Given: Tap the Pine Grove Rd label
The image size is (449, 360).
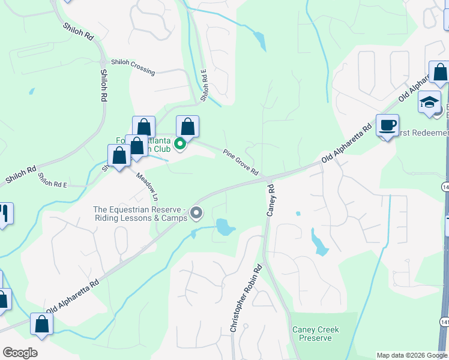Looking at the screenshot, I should coord(240,162).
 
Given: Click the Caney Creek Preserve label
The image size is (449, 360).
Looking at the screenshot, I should coord(316,334).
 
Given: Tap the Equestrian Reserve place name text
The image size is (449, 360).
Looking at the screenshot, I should coord(139,214).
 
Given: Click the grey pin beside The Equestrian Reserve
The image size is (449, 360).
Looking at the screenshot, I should coord(196,213).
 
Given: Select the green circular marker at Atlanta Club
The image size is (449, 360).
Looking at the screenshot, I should coord(179,144).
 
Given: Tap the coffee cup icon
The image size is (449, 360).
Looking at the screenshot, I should coord(388,125).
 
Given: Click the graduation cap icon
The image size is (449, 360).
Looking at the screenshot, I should coord(429,102).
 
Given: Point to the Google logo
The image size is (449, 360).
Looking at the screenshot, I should coord(20,352).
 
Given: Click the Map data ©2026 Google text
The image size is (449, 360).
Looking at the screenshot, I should coord(411,355).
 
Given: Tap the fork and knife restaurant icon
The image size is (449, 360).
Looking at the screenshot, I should coord(4,214).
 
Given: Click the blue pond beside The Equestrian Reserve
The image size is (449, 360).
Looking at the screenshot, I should coord(224,227).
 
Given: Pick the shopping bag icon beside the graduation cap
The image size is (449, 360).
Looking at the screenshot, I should coord(440,73).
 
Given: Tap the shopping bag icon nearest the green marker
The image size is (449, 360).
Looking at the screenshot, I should coord(187,127).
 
